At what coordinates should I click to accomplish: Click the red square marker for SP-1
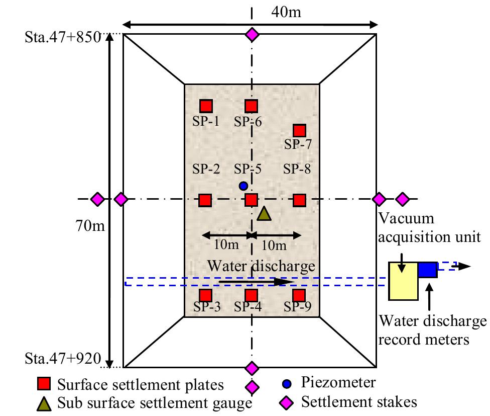[x=206, y=106]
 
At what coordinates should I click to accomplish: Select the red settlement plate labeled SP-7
[x=299, y=131]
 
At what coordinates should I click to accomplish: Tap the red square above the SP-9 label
[x=299, y=295]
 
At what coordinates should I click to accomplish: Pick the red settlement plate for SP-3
[x=206, y=295]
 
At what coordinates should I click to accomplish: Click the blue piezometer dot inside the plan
[x=243, y=186]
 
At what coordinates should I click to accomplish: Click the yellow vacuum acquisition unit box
[x=404, y=281]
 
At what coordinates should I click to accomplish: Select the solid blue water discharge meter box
[x=428, y=270]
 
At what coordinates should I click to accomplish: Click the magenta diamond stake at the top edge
[x=252, y=35]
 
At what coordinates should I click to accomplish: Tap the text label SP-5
[x=249, y=169]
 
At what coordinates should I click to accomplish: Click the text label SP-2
[x=206, y=169]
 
